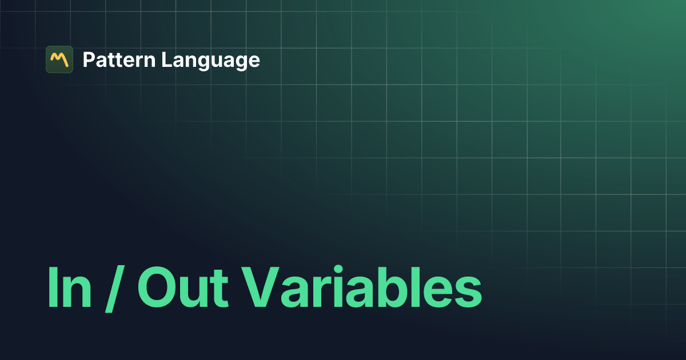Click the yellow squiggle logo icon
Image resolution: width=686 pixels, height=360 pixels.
pos(59,59)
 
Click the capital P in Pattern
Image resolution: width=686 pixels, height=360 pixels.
pos(89,59)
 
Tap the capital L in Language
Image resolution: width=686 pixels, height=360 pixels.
pos(165,59)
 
